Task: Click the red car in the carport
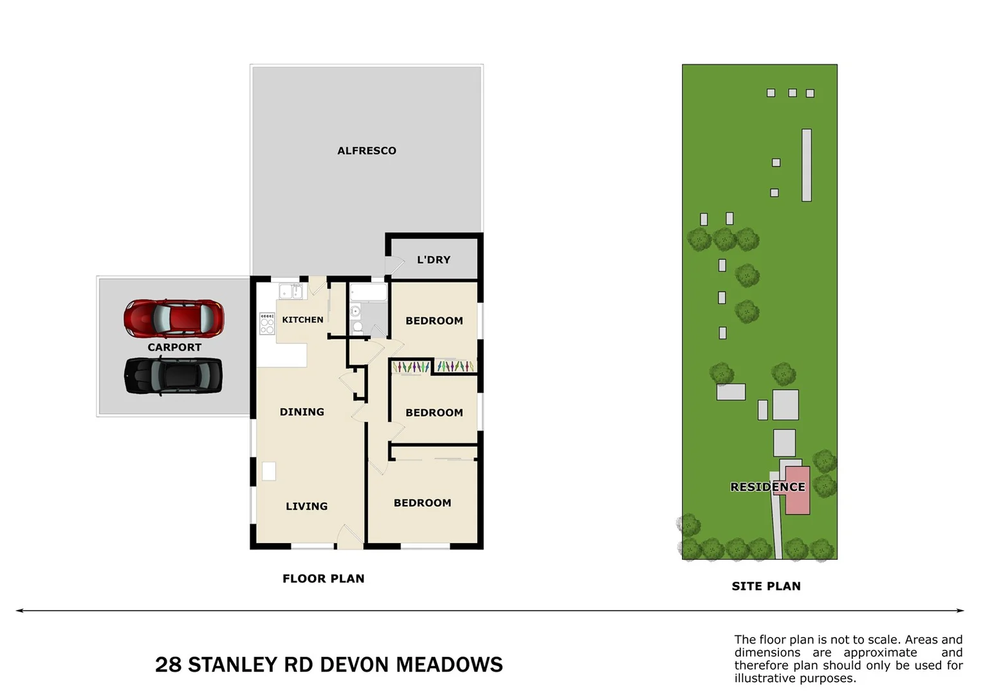tap(174, 318)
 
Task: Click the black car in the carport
tap(173, 376)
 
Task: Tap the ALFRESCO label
tap(367, 151)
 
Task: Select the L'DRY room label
tap(434, 260)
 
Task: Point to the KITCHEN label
tap(302, 320)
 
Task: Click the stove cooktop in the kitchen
tap(267, 323)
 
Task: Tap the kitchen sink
tap(291, 292)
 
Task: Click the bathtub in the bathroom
tap(368, 293)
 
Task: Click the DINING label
tap(302, 412)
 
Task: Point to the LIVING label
tap(306, 506)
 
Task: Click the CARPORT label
tap(174, 347)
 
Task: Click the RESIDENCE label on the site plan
tap(767, 487)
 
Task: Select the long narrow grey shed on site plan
tap(806, 165)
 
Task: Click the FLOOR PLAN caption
tap(323, 579)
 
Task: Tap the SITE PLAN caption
tap(766, 586)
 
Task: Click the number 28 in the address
tap(168, 665)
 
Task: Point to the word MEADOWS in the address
tap(449, 665)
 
